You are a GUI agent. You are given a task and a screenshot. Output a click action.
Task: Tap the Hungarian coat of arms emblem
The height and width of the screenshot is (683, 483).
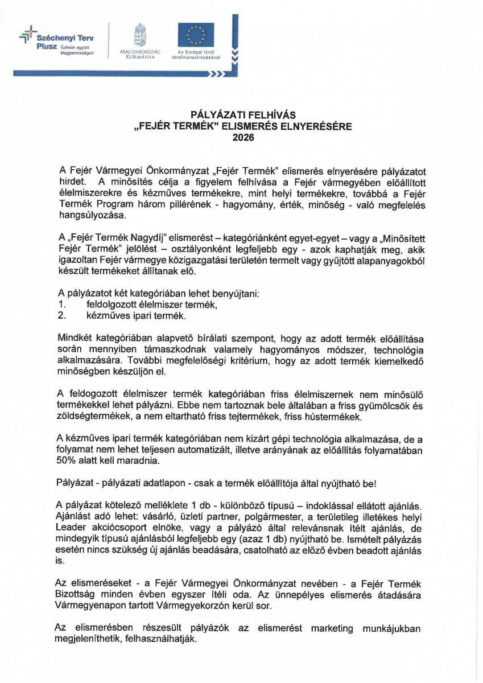point(137,35)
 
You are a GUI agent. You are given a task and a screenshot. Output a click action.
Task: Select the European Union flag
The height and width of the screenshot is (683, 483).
point(196,35)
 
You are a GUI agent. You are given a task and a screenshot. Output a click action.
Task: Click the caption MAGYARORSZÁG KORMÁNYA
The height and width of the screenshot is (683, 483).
point(137,55)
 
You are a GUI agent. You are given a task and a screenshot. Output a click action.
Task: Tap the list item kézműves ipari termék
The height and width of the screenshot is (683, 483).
point(136,315)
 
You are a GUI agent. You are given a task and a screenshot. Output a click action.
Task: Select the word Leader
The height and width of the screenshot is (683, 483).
point(71,527)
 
